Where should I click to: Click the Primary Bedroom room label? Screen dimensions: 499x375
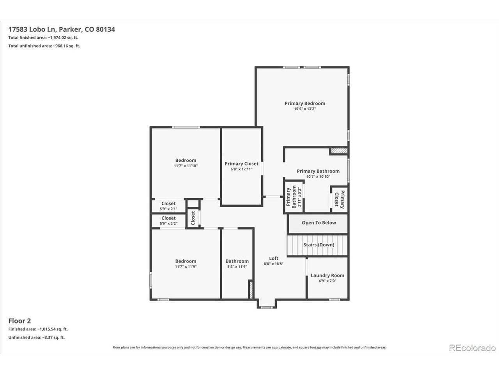[x=305, y=104]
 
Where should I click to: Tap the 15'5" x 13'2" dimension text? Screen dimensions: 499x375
[x=305, y=109]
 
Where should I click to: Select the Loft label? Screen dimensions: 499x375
[x=274, y=258]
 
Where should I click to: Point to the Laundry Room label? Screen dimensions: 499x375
[x=327, y=275]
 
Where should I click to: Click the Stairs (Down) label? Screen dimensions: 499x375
[x=319, y=245]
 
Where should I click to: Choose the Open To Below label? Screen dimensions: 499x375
[x=319, y=223]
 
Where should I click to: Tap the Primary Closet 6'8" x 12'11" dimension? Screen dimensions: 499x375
[x=241, y=169]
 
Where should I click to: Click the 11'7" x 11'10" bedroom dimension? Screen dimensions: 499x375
[x=186, y=166]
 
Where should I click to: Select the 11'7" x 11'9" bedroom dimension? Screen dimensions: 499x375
[x=186, y=267]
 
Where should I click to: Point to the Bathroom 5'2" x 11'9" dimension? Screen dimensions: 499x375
[x=237, y=267]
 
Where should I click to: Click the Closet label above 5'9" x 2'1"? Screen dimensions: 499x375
[x=168, y=204]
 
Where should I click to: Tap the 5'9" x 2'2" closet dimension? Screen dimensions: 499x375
[x=168, y=223]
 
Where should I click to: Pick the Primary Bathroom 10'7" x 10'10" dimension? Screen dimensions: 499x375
[x=318, y=177]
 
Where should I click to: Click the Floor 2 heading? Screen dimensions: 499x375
[x=19, y=321]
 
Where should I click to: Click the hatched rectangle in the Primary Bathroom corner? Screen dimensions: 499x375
[x=339, y=151]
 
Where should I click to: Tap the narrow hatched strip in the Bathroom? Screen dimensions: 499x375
[x=251, y=290]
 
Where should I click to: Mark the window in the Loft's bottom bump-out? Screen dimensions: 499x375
[x=267, y=307]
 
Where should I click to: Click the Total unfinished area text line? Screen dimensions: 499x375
[x=44, y=46]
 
